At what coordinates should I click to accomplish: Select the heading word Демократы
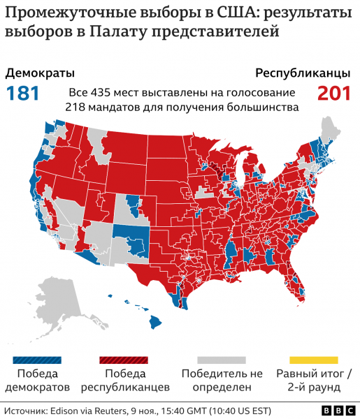pyautogui.click(x=40, y=73)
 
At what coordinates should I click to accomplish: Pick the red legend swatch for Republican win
pyautogui.click(x=124, y=360)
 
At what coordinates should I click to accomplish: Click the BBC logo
pyautogui.click(x=334, y=410)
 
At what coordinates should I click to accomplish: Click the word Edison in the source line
pyautogui.click(x=65, y=410)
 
